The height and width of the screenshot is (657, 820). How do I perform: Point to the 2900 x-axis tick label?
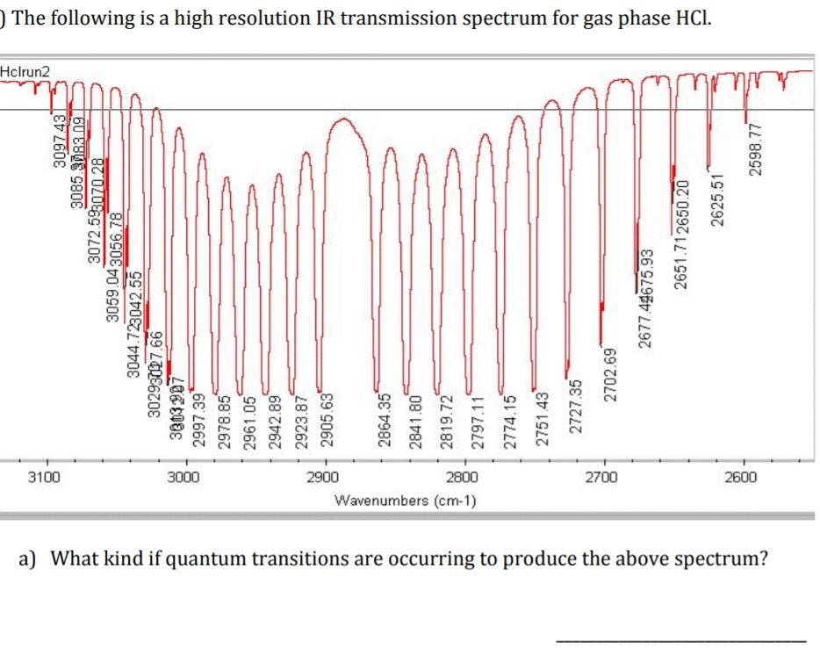point(325,478)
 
